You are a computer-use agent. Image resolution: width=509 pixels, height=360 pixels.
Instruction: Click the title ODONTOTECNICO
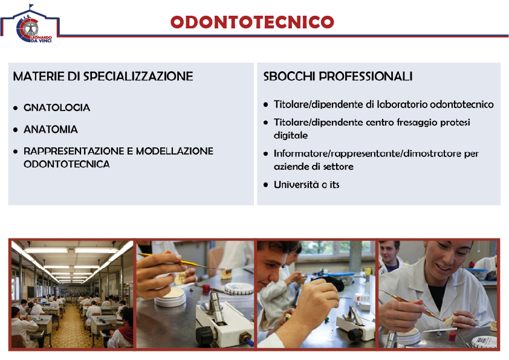252,22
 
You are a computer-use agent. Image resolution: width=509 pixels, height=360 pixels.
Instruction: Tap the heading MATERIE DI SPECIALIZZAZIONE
103,76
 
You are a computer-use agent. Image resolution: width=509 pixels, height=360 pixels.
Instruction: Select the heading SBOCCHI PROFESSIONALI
338,76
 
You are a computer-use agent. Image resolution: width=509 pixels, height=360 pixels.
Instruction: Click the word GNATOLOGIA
57,108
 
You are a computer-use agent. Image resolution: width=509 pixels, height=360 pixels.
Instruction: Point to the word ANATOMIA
51,129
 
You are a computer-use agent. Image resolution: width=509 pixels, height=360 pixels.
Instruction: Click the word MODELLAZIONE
175,151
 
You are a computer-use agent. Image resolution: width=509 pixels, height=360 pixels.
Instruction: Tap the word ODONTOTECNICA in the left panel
66,164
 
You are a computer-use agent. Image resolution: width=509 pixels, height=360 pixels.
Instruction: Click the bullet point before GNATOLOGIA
16,108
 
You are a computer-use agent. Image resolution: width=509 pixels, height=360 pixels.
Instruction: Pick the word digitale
291,135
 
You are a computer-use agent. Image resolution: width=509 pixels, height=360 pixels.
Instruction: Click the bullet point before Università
266,185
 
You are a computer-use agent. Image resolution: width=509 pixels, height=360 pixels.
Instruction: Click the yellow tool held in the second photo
177,260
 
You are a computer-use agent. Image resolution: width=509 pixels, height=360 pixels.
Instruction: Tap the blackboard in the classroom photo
30,292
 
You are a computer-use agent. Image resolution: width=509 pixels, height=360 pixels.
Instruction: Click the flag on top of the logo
31,6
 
